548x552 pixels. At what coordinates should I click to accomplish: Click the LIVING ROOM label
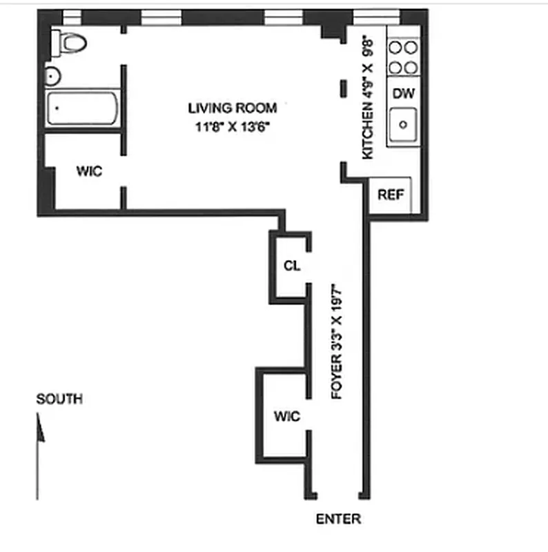[x=232, y=108]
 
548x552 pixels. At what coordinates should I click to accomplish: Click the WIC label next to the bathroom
[x=89, y=171]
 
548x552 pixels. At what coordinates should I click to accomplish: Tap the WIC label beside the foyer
[x=286, y=416]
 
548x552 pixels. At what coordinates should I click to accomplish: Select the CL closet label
[x=292, y=266]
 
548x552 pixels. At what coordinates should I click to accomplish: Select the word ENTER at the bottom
[x=338, y=519]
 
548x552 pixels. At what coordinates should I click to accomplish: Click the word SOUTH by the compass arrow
[x=59, y=399]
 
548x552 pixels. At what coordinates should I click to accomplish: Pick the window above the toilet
[x=72, y=17]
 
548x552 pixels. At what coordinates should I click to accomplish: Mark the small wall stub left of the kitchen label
[x=343, y=88]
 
